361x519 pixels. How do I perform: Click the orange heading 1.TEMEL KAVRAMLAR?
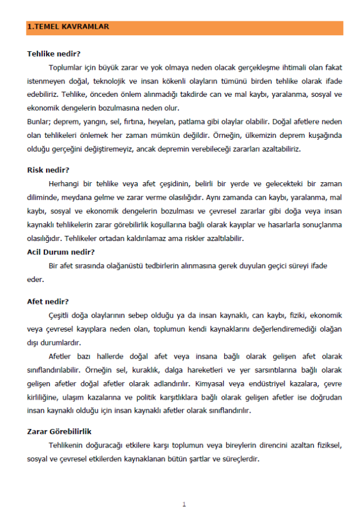(68, 27)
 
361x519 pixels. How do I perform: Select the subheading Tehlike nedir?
(54, 54)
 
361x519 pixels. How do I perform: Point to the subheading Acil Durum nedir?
(61, 251)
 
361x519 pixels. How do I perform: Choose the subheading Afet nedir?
(48, 301)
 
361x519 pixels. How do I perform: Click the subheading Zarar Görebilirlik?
(59, 431)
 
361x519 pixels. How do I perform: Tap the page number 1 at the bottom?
(184, 505)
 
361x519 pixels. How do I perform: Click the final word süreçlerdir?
(241, 459)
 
